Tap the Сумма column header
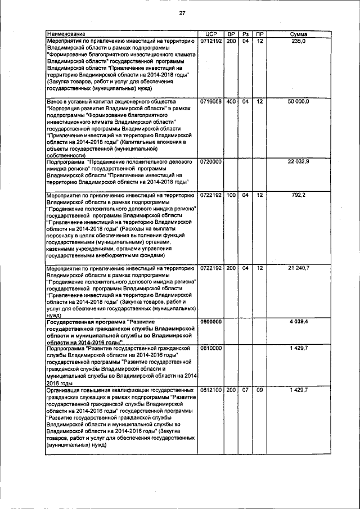(x=298, y=34)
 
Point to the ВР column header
(x=231, y=34)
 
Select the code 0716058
(x=211, y=101)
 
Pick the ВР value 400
(x=231, y=101)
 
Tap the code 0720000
(x=211, y=161)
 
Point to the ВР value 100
(x=231, y=195)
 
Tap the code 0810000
(x=211, y=349)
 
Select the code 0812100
(x=211, y=389)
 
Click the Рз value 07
(x=245, y=389)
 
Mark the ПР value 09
(x=259, y=389)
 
